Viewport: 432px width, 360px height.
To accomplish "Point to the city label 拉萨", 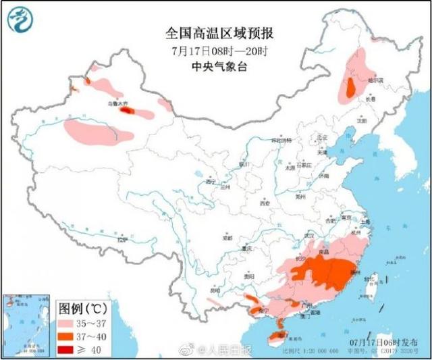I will [121, 240].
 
